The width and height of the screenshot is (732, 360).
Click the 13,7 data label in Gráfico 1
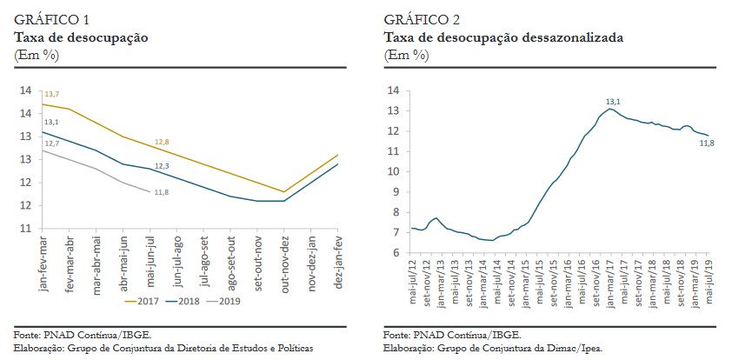click(x=51, y=94)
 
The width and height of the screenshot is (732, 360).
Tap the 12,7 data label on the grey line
click(x=51, y=143)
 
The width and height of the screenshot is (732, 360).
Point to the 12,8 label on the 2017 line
click(x=162, y=142)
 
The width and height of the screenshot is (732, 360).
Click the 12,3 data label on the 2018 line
click(x=162, y=165)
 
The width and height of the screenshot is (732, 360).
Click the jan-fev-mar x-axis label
click(x=43, y=261)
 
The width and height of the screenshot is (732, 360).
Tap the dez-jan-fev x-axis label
click(x=339, y=261)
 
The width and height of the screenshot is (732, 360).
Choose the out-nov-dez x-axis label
click(x=285, y=261)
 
